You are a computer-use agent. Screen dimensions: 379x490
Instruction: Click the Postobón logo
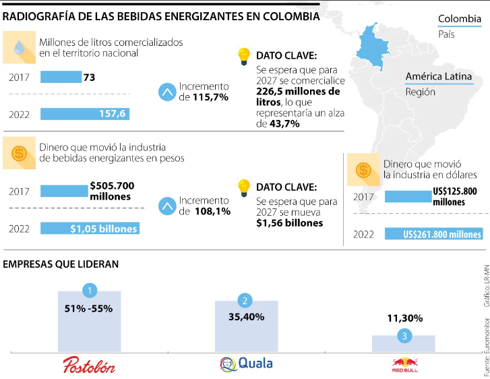89,366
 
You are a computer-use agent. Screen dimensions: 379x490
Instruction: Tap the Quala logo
246,363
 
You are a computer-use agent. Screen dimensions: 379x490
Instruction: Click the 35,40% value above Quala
246,317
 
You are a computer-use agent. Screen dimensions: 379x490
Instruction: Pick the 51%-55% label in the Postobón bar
90,309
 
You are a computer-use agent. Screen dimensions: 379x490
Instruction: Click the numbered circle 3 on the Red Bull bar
404,335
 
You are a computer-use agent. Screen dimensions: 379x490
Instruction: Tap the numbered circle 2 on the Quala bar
246,301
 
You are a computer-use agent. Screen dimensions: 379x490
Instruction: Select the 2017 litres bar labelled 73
61,78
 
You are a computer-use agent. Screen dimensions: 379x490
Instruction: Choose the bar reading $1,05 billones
89,229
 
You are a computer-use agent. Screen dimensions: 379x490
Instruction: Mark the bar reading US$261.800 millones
433,234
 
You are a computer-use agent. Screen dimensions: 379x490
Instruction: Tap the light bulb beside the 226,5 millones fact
243,56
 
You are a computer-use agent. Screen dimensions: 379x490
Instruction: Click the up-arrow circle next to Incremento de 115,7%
166,92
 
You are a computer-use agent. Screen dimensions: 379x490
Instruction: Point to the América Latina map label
438,76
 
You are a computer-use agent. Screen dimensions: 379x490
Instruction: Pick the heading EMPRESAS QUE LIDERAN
61,264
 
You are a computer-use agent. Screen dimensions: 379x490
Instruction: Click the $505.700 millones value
112,191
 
